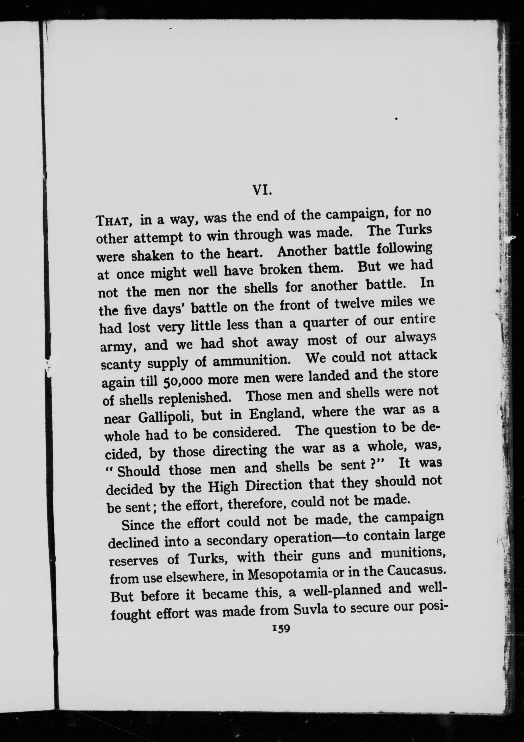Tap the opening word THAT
tap(113, 221)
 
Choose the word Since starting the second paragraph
tap(138, 524)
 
